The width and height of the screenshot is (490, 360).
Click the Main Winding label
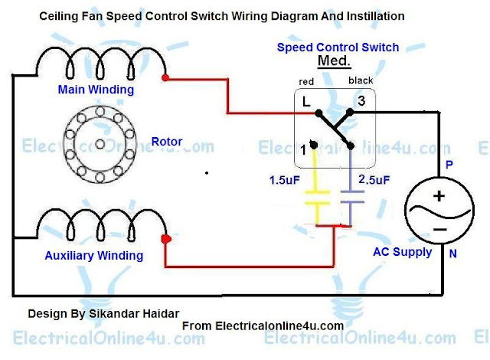point(96,90)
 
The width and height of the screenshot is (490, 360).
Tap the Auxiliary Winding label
point(100,255)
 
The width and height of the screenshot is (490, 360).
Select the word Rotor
point(166,141)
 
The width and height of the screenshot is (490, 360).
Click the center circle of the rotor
point(97,143)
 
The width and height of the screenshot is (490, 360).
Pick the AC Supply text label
point(402,252)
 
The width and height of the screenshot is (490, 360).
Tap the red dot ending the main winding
point(165,77)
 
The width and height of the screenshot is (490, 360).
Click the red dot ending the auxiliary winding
point(165,239)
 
